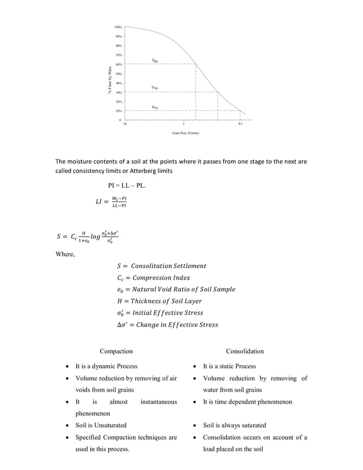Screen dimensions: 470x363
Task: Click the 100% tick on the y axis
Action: coord(118,27)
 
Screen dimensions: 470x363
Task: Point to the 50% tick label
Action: coord(118,73)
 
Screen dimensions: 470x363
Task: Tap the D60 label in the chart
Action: coord(155,60)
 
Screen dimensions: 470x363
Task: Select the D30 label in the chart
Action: coord(155,88)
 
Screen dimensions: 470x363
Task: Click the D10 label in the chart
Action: coord(155,107)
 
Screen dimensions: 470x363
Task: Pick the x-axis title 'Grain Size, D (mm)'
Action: coord(185,133)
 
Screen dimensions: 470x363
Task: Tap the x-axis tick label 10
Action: coord(125,124)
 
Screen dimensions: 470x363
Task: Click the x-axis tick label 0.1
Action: coord(241,124)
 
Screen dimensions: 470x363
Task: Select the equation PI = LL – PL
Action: coord(130,185)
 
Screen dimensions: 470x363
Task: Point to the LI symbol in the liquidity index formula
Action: coord(101,201)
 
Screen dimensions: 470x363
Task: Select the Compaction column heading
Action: coord(116,351)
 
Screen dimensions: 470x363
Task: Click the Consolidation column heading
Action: coord(245,351)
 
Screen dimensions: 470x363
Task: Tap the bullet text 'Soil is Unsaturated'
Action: coord(101,425)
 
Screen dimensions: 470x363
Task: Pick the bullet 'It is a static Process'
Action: coord(229,366)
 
